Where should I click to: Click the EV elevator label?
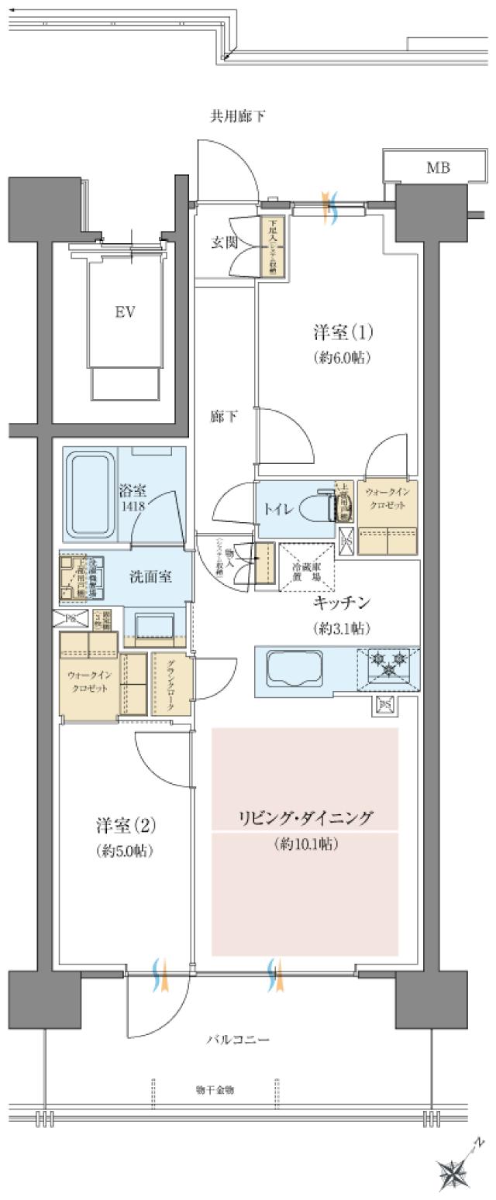pyautogui.click(x=126, y=312)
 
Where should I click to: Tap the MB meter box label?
pyautogui.click(x=437, y=167)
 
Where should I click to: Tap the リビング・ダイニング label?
pyautogui.click(x=305, y=818)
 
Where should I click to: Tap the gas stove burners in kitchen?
pyautogui.click(x=388, y=663)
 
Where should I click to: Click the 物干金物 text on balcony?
pyautogui.click(x=215, y=1090)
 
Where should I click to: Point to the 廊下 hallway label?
pyautogui.click(x=224, y=417)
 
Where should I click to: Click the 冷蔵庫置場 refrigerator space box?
pyautogui.click(x=307, y=566)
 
